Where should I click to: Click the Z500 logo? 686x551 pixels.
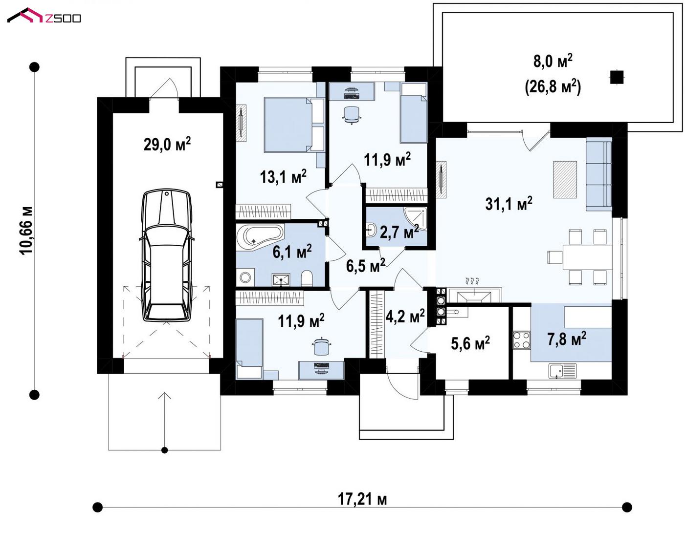point(44,16)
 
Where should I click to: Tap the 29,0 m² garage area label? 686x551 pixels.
point(167,144)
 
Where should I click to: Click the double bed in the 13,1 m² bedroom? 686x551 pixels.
point(294,125)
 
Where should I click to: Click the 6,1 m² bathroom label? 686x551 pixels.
point(292,252)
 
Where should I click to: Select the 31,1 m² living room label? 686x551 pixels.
point(509,203)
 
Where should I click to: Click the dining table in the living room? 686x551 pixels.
point(587,257)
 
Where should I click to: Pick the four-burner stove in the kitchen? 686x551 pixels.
point(522,340)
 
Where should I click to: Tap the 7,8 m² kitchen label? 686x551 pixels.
point(567,338)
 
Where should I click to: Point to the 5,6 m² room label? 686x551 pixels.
point(470,343)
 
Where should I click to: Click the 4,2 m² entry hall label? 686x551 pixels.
point(405,316)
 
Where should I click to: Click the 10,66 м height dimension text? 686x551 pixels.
point(26,231)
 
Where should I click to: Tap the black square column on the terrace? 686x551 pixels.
point(617,77)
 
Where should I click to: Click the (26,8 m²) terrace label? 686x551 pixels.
point(553,86)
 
